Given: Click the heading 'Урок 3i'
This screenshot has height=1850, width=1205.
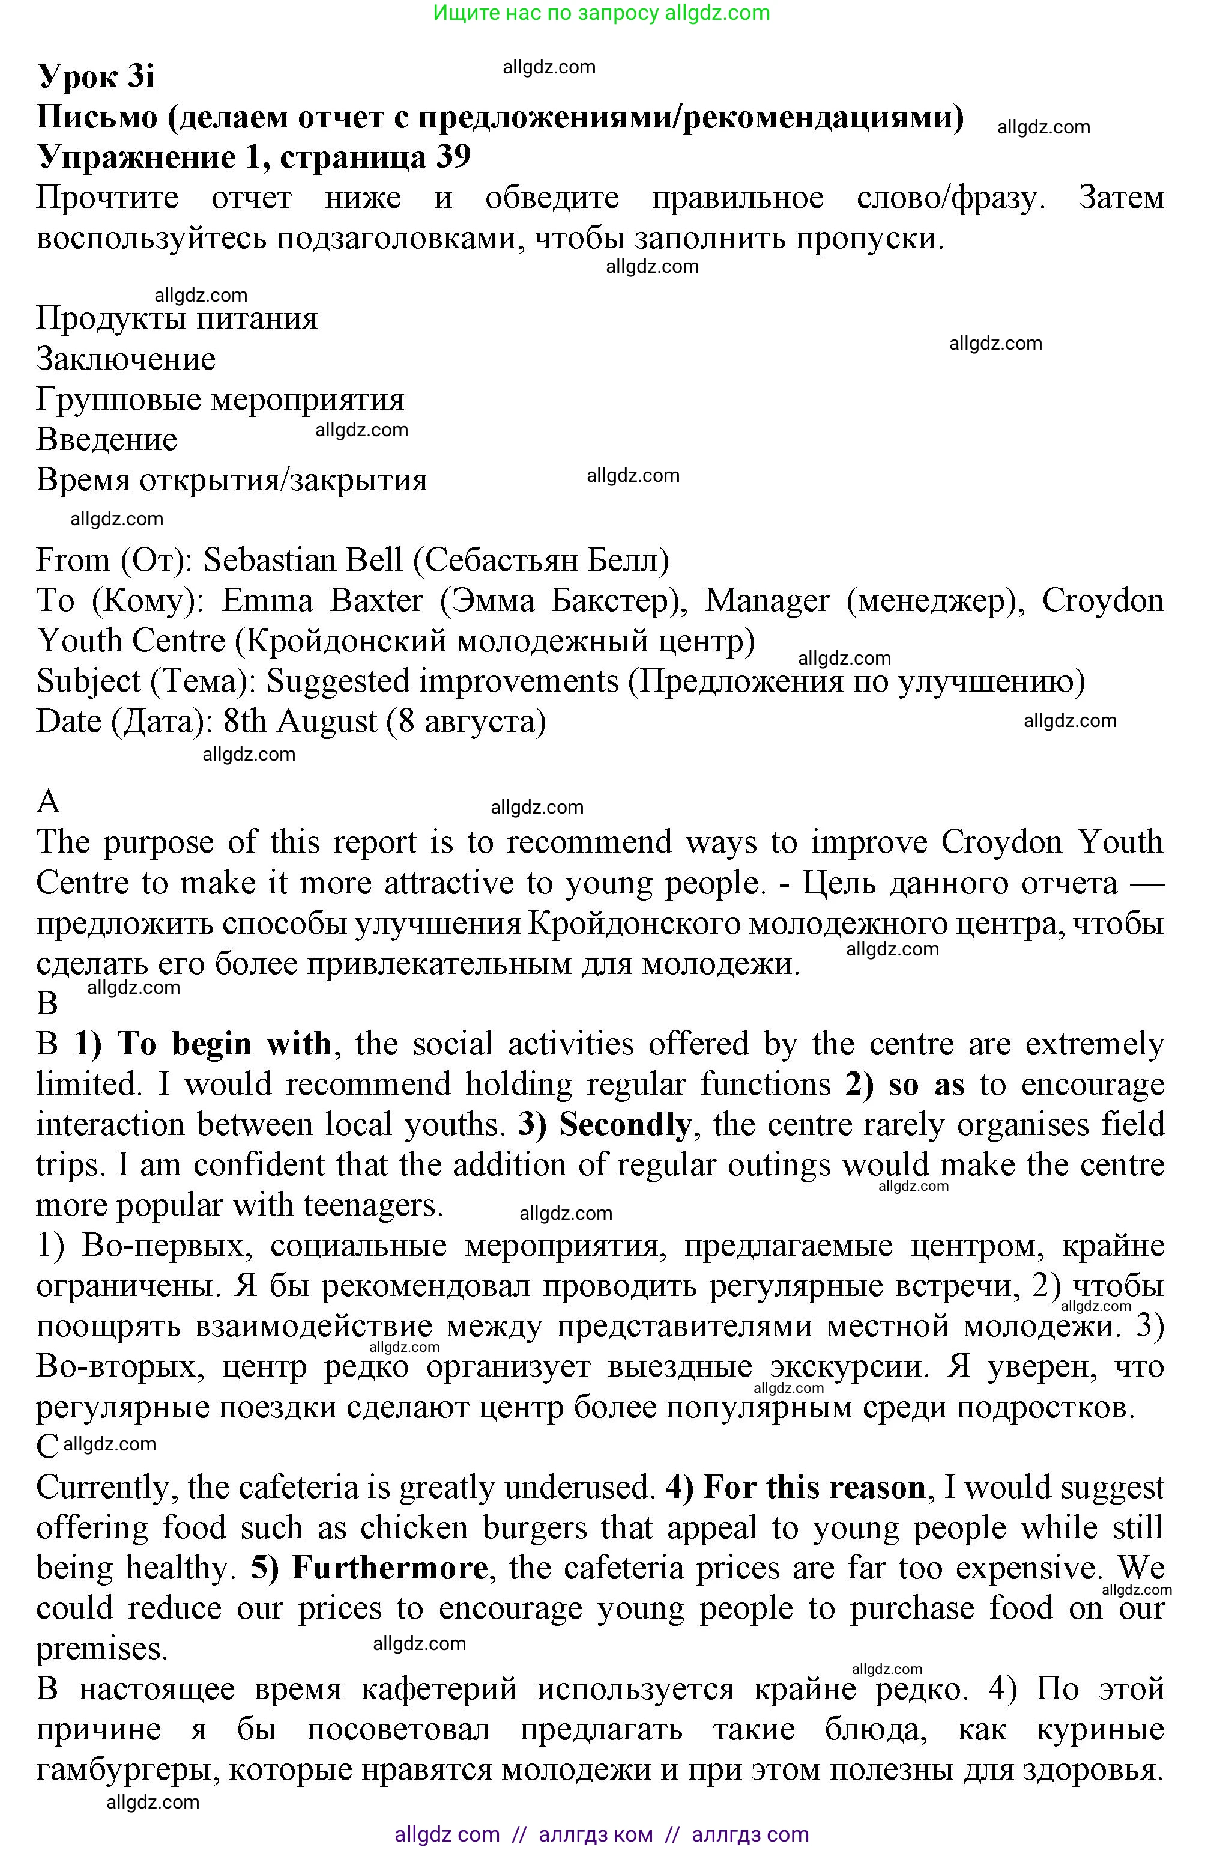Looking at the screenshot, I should [95, 77].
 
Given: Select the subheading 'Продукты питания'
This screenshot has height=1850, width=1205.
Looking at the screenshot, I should [177, 318].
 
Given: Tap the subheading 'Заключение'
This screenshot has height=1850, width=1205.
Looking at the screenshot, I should [126, 359].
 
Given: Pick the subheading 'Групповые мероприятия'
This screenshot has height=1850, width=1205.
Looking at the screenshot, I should [220, 400].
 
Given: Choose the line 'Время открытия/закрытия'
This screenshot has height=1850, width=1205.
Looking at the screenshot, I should [232, 481].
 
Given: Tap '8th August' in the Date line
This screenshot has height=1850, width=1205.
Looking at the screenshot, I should [300, 722].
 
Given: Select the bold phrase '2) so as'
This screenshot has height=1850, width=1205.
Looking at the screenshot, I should [905, 1085].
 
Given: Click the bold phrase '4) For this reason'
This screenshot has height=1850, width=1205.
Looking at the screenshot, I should [796, 1487].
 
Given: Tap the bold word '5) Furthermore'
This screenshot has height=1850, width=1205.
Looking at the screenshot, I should [369, 1568].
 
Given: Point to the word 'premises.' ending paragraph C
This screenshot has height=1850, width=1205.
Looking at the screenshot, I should [102, 1649].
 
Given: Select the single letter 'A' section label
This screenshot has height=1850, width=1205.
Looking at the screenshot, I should [48, 802].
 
